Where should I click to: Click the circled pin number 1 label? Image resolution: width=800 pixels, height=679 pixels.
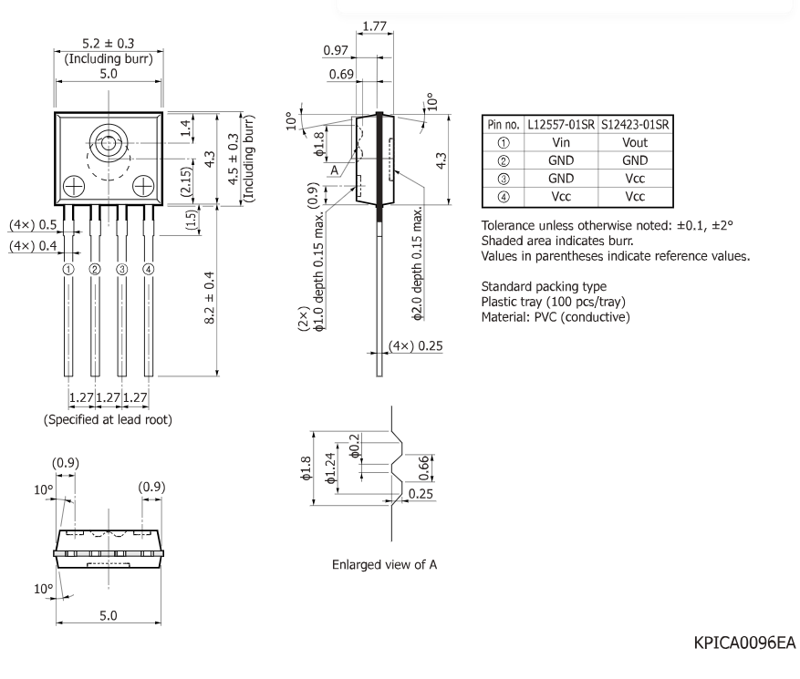click(x=68, y=269)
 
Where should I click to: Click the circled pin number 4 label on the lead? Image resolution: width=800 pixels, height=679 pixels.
click(x=148, y=269)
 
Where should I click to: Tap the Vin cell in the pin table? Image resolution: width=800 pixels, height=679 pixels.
click(x=561, y=143)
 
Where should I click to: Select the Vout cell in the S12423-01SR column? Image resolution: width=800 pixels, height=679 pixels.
click(x=635, y=143)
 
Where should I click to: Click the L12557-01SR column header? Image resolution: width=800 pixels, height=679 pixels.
click(x=561, y=125)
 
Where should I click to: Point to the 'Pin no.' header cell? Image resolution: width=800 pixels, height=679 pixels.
click(x=503, y=125)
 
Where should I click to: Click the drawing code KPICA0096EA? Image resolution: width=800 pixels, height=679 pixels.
click(x=744, y=643)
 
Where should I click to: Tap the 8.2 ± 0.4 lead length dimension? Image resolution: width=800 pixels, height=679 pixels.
click(x=209, y=298)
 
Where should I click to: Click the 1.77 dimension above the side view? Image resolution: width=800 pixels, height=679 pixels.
click(x=375, y=26)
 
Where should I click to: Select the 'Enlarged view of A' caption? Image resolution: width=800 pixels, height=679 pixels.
click(x=384, y=565)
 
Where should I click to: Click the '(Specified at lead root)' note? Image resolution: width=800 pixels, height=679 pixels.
click(x=108, y=419)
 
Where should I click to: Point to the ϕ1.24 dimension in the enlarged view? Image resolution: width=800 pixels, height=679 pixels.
click(x=330, y=468)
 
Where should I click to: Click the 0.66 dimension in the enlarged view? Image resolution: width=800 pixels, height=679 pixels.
click(x=423, y=468)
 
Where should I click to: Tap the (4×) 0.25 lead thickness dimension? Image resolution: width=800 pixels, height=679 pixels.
click(x=415, y=346)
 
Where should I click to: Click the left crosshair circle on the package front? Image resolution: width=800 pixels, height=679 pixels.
click(x=74, y=187)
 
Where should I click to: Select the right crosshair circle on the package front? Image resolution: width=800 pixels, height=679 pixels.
click(x=143, y=187)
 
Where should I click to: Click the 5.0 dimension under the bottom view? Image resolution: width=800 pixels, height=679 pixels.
click(x=109, y=616)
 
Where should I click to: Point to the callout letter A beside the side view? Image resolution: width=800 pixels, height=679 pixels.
click(x=334, y=170)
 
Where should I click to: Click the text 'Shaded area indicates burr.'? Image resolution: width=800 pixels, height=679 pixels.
click(x=557, y=242)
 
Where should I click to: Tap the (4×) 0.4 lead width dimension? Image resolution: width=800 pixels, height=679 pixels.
click(x=33, y=246)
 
